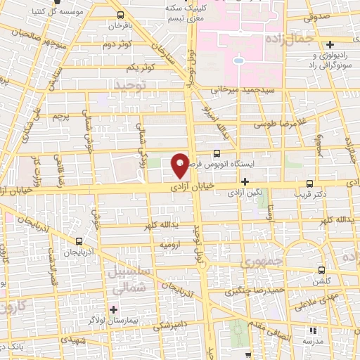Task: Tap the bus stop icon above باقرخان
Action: click(121, 15)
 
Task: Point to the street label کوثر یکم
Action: click(141, 67)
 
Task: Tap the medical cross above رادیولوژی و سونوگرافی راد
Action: click(330, 44)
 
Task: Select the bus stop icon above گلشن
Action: click(321, 270)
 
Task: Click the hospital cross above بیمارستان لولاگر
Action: click(113, 309)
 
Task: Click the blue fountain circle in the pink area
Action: click(238, 61)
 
